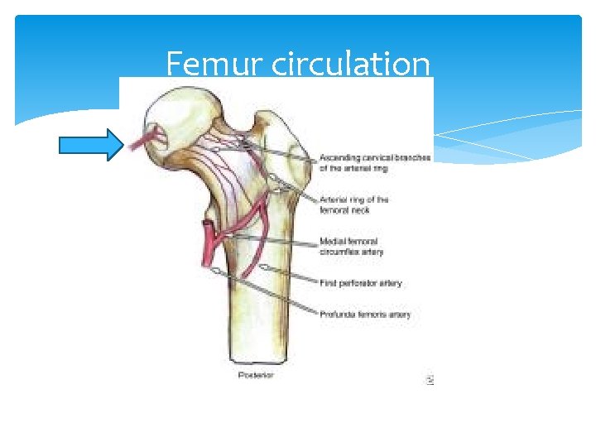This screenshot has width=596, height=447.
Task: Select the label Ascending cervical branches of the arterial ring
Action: (374, 163)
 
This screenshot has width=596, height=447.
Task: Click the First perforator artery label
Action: (361, 283)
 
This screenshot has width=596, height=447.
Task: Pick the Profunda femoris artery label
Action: (365, 315)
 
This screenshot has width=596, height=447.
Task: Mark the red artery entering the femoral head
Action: (149, 138)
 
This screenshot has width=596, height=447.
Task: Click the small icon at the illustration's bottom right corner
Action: (430, 380)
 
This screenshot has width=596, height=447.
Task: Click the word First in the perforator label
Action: (329, 283)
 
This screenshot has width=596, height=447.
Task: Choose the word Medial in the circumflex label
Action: (332, 242)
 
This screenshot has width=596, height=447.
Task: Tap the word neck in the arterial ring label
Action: (357, 210)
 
